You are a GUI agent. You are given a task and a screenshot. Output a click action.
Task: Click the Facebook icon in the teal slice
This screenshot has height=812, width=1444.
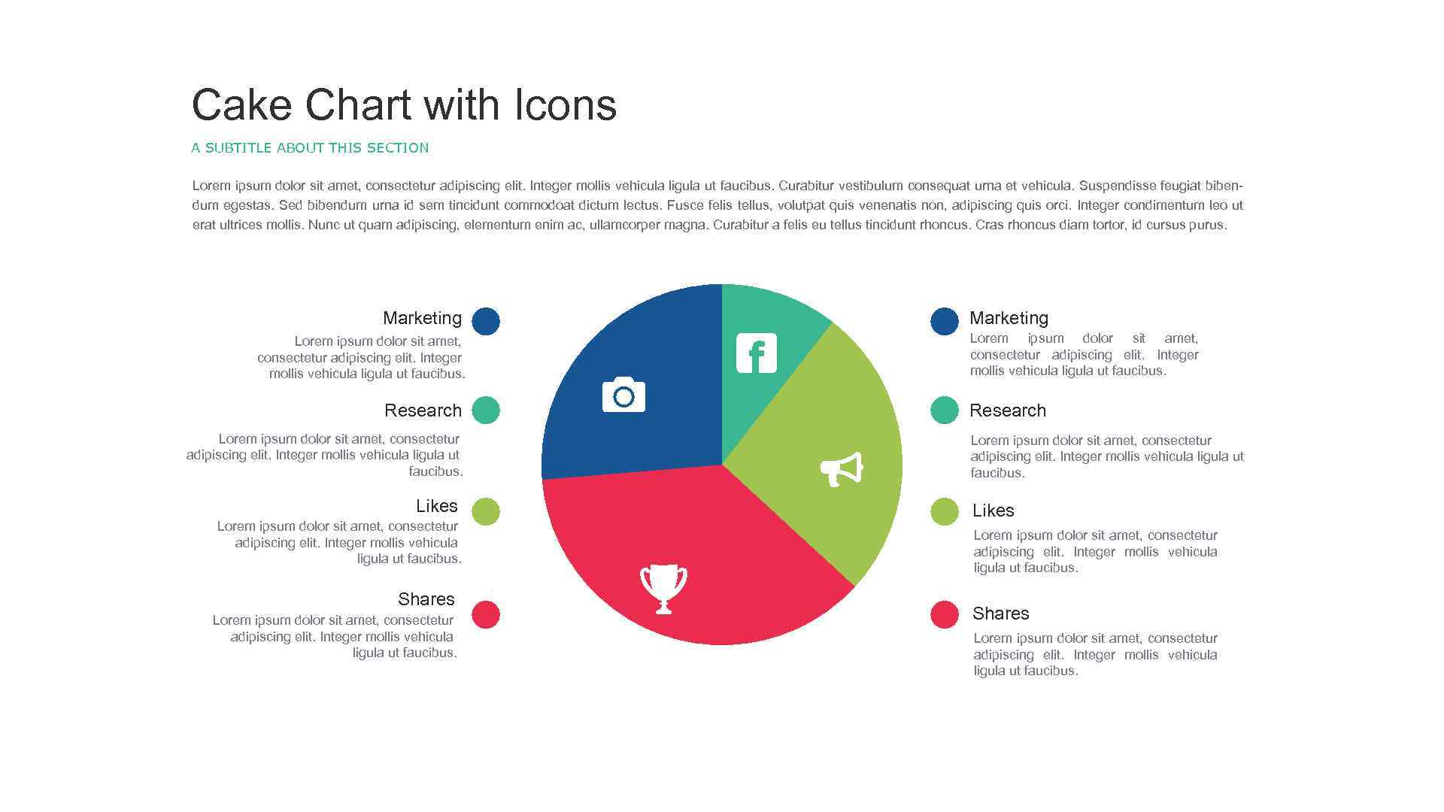pos(756,353)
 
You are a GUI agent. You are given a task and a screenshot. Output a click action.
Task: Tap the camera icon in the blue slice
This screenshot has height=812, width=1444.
pos(623,395)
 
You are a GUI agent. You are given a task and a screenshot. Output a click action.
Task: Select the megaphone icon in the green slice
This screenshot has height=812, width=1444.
pos(841,469)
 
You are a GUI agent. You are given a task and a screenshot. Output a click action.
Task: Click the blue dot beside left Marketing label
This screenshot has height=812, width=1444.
pos(486,321)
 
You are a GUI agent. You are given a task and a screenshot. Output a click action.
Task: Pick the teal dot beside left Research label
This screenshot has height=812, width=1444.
pos(486,411)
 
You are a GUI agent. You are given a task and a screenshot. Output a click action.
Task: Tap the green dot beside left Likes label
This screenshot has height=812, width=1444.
pos(486,511)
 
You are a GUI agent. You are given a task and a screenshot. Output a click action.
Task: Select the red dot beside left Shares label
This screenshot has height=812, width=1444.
pos(486,614)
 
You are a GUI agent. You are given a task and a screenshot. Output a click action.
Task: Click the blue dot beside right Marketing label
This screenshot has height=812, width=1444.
pos(945,321)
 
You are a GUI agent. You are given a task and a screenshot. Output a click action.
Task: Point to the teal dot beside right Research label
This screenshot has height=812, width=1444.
pos(945,411)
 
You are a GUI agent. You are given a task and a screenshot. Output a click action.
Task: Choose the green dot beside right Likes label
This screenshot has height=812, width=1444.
pos(945,511)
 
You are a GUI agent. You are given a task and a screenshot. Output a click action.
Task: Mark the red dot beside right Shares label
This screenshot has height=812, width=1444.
pos(945,614)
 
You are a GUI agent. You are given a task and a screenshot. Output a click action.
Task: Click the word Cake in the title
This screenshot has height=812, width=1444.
pos(241,105)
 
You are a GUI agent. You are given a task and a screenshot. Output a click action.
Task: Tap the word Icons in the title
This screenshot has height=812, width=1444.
pos(566,105)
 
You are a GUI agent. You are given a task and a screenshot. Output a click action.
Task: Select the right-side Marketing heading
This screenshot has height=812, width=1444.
pos(1009,318)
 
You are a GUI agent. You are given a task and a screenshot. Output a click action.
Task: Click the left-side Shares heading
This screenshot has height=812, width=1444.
pos(426,599)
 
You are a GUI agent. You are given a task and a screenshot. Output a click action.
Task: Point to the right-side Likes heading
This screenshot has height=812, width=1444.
pos(993,511)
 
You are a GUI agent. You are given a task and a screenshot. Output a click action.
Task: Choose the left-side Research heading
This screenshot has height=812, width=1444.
pos(423,411)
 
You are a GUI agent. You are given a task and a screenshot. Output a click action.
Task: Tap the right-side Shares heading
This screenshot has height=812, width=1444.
pos(1000,614)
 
